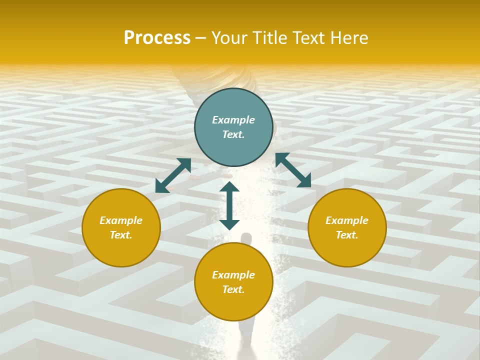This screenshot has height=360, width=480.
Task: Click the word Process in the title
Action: (157, 38)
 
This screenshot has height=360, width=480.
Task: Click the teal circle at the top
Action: (233, 150)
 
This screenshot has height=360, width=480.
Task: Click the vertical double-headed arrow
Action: (229, 205)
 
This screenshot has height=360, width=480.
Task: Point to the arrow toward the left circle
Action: (173, 175)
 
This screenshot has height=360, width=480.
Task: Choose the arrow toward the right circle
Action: (293, 170)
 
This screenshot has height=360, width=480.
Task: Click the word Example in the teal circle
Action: (233, 120)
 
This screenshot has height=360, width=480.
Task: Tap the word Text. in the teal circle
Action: (233, 134)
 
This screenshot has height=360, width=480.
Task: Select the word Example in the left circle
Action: (121, 220)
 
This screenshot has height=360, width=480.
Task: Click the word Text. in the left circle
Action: (121, 235)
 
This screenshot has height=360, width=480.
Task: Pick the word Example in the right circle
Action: (347, 220)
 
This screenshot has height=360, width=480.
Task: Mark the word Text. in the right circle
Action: (347, 235)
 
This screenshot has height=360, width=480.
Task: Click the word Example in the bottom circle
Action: (233, 275)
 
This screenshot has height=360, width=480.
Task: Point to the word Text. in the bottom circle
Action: (233, 289)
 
